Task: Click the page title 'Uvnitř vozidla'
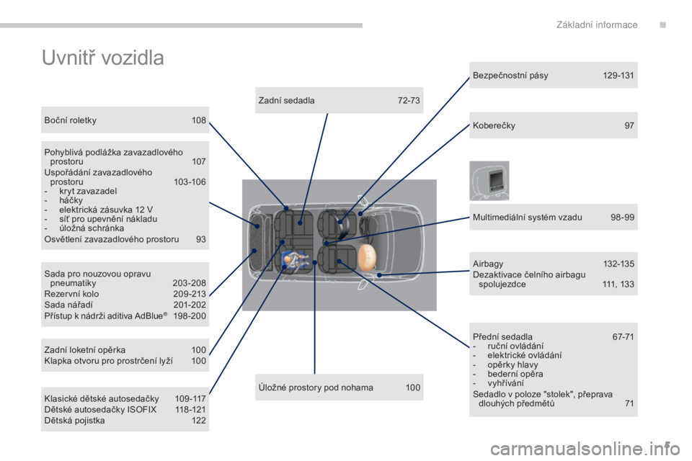click(103, 58)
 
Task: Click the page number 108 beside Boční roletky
click(199, 120)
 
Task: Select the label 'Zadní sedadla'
click(286, 101)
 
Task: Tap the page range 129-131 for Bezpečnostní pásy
click(618, 76)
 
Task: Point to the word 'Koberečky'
click(494, 126)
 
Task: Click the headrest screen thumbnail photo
click(489, 180)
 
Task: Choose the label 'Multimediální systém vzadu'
click(527, 217)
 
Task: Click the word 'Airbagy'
click(488, 264)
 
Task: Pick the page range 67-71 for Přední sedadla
click(623, 337)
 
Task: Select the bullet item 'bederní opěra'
click(515, 374)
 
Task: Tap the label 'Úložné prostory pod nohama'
click(316, 388)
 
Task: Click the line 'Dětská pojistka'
click(74, 421)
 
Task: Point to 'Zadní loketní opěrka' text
click(85, 350)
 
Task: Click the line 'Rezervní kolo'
click(71, 294)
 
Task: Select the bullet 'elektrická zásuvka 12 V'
click(106, 210)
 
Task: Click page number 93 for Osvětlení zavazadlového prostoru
click(201, 239)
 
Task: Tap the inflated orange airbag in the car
click(366, 258)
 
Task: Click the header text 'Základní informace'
click(597, 24)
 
